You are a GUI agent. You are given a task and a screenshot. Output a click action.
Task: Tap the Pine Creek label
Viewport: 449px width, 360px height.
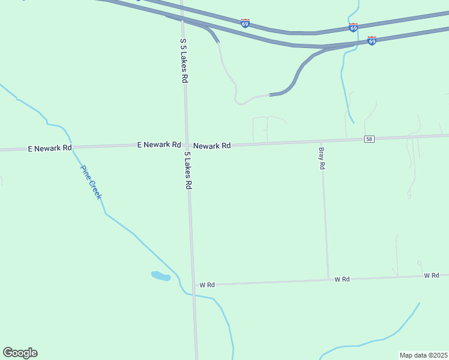(x=91, y=182)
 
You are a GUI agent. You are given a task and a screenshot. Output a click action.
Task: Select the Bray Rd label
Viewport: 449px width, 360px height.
(x=322, y=158)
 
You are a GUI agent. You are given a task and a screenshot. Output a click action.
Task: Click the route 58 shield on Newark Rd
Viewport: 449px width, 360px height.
(x=369, y=139)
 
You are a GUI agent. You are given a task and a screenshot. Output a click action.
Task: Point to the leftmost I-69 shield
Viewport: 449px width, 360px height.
(x=245, y=23)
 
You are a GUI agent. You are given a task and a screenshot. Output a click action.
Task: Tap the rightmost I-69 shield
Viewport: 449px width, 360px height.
(x=372, y=40)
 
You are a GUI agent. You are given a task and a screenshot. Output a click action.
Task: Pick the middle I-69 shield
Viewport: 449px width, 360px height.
(x=353, y=28)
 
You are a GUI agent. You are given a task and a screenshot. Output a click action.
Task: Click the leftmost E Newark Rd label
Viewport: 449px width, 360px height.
(x=50, y=148)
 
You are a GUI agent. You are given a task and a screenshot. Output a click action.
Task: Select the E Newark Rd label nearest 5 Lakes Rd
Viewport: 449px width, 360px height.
(x=159, y=145)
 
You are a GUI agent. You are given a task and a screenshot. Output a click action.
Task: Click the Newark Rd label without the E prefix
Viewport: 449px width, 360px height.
(x=212, y=145)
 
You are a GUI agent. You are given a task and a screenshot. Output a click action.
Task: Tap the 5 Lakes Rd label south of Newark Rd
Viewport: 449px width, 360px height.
(x=188, y=171)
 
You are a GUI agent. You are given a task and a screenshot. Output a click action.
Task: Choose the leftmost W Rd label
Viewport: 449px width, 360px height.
(x=207, y=285)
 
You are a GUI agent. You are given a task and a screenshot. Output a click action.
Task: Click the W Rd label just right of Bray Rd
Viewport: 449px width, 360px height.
(x=342, y=279)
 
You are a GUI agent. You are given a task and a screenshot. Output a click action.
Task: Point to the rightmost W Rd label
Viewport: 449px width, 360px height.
(x=431, y=275)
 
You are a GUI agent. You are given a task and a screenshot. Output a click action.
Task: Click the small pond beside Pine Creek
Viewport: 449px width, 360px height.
(x=160, y=276)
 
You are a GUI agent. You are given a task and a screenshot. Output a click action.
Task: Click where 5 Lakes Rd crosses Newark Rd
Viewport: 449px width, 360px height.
(x=187, y=145)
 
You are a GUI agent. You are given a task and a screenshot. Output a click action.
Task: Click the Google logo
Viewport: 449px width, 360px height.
(x=20, y=353)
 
